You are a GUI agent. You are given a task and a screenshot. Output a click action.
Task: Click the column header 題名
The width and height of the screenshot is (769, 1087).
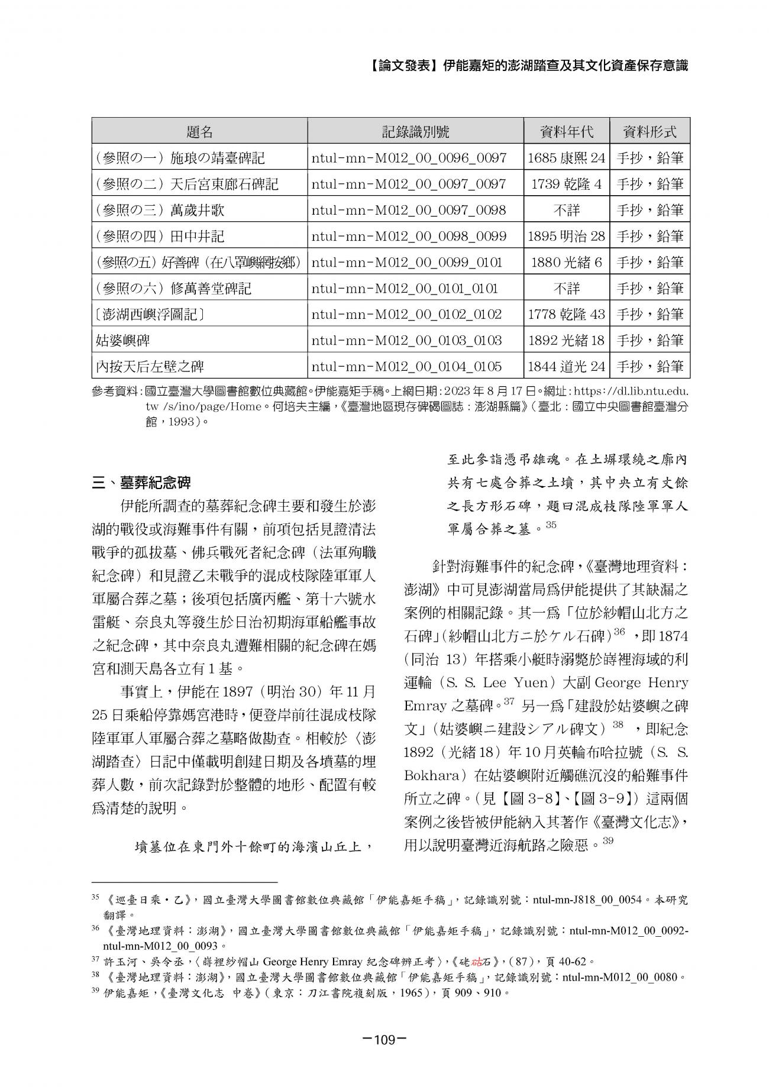pyautogui.click(x=199, y=131)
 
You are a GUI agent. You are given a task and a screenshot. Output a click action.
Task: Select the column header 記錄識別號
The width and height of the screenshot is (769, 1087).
pyautogui.click(x=415, y=131)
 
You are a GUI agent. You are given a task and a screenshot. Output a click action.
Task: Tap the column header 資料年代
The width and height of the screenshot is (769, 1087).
pyautogui.click(x=566, y=131)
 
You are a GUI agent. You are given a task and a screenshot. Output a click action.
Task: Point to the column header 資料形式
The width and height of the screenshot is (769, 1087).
pyautogui.click(x=650, y=131)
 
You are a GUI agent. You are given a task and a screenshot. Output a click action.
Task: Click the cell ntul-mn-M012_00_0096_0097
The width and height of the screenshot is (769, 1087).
pyautogui.click(x=409, y=158)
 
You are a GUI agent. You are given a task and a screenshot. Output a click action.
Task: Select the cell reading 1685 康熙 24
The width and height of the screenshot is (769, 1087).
pyautogui.click(x=566, y=158)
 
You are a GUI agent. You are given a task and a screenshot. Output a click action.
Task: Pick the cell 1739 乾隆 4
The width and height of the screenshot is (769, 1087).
pyautogui.click(x=566, y=184)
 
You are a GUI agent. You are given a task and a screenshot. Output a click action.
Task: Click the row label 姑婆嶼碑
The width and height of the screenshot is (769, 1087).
pyautogui.click(x=122, y=340)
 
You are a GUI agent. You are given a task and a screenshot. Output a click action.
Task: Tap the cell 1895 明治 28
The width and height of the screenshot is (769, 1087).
pyautogui.click(x=566, y=236)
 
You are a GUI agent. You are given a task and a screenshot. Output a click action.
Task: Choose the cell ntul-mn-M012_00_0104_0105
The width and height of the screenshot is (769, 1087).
pyautogui.click(x=406, y=366)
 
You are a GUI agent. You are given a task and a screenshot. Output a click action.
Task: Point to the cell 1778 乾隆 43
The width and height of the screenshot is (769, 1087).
pyautogui.click(x=566, y=314)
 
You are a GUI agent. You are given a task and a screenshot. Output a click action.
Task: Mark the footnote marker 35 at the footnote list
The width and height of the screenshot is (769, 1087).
pyautogui.click(x=95, y=898)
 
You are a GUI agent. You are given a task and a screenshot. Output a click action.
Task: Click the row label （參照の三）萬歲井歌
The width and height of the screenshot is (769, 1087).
pyautogui.click(x=160, y=210)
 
